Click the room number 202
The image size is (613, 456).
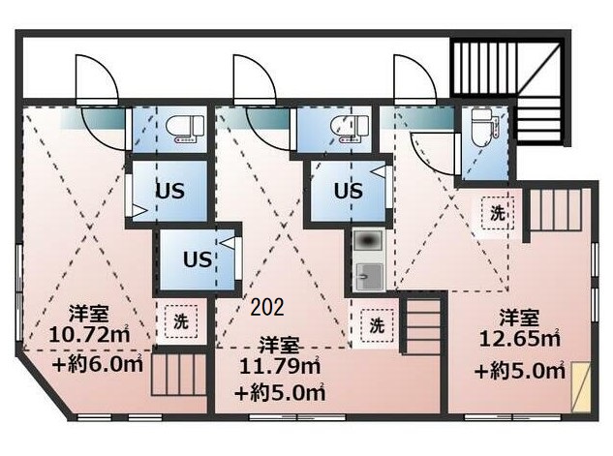click(x=267, y=307)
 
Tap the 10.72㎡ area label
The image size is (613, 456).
click(x=89, y=334)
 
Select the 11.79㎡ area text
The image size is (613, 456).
click(x=280, y=366)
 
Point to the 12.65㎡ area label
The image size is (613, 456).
click(x=520, y=339)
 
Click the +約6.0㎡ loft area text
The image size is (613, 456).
click(x=98, y=364)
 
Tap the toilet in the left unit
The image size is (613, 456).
click(x=185, y=128)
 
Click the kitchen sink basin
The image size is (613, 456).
click(x=369, y=276)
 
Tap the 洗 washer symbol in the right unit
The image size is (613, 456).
click(x=498, y=213)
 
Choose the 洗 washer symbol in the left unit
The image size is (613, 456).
click(x=181, y=321)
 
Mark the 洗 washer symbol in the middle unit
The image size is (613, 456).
click(x=377, y=325)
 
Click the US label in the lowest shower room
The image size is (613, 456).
click(x=198, y=259)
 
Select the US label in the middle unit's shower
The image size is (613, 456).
click(x=348, y=191)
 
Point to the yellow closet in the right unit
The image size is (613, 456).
click(x=580, y=387)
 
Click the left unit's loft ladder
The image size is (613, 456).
click(x=179, y=375)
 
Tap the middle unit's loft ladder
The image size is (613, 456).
click(x=422, y=326)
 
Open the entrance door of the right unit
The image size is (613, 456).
click(x=414, y=78)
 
